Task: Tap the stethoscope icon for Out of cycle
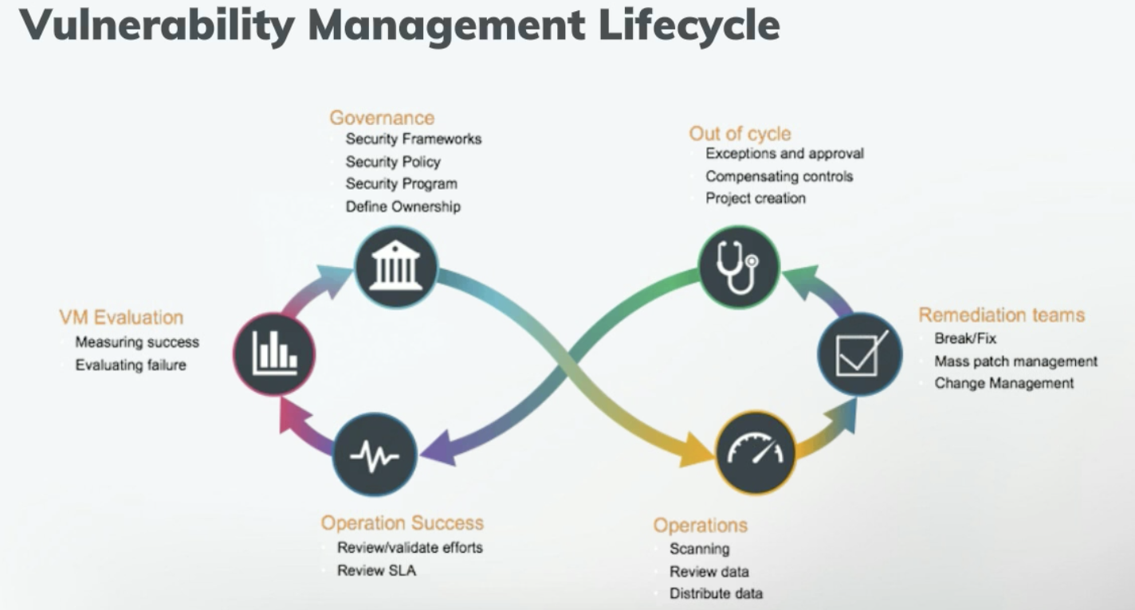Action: click(x=738, y=267)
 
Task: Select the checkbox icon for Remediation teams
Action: click(x=860, y=354)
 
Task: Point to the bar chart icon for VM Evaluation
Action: click(x=274, y=354)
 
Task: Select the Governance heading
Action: click(x=382, y=118)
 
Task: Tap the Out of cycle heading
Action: click(x=740, y=133)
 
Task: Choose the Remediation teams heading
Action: click(x=1001, y=315)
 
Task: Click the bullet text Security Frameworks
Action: click(x=413, y=139)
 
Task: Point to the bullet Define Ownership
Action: click(x=403, y=206)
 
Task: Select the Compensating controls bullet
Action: click(x=779, y=176)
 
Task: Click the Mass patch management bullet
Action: click(x=1015, y=361)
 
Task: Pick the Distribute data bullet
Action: click(x=716, y=593)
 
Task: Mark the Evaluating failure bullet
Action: click(x=130, y=366)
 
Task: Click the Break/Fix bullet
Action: click(x=965, y=338)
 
